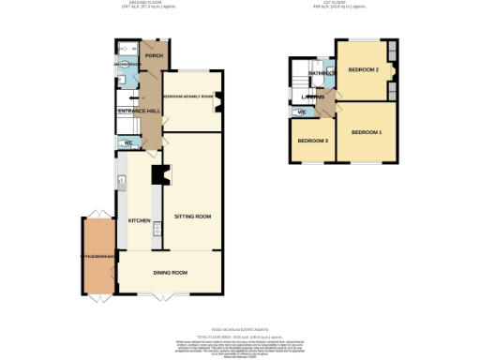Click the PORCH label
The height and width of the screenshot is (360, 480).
click(154, 56)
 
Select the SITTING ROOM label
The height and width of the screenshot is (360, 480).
click(192, 217)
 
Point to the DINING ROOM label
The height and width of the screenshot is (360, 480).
click(171, 273)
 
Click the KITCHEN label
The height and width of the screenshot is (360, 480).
click(139, 220)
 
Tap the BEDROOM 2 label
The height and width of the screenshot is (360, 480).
click(364, 70)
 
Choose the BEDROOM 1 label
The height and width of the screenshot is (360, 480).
click(367, 132)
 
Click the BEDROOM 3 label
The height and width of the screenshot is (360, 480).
click(312, 141)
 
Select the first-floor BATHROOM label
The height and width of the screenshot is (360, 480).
click(325, 72)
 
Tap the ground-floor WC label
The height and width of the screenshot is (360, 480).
click(128, 143)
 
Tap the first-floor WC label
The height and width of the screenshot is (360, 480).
click(301, 112)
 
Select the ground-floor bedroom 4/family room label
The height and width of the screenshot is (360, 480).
click(188, 97)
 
